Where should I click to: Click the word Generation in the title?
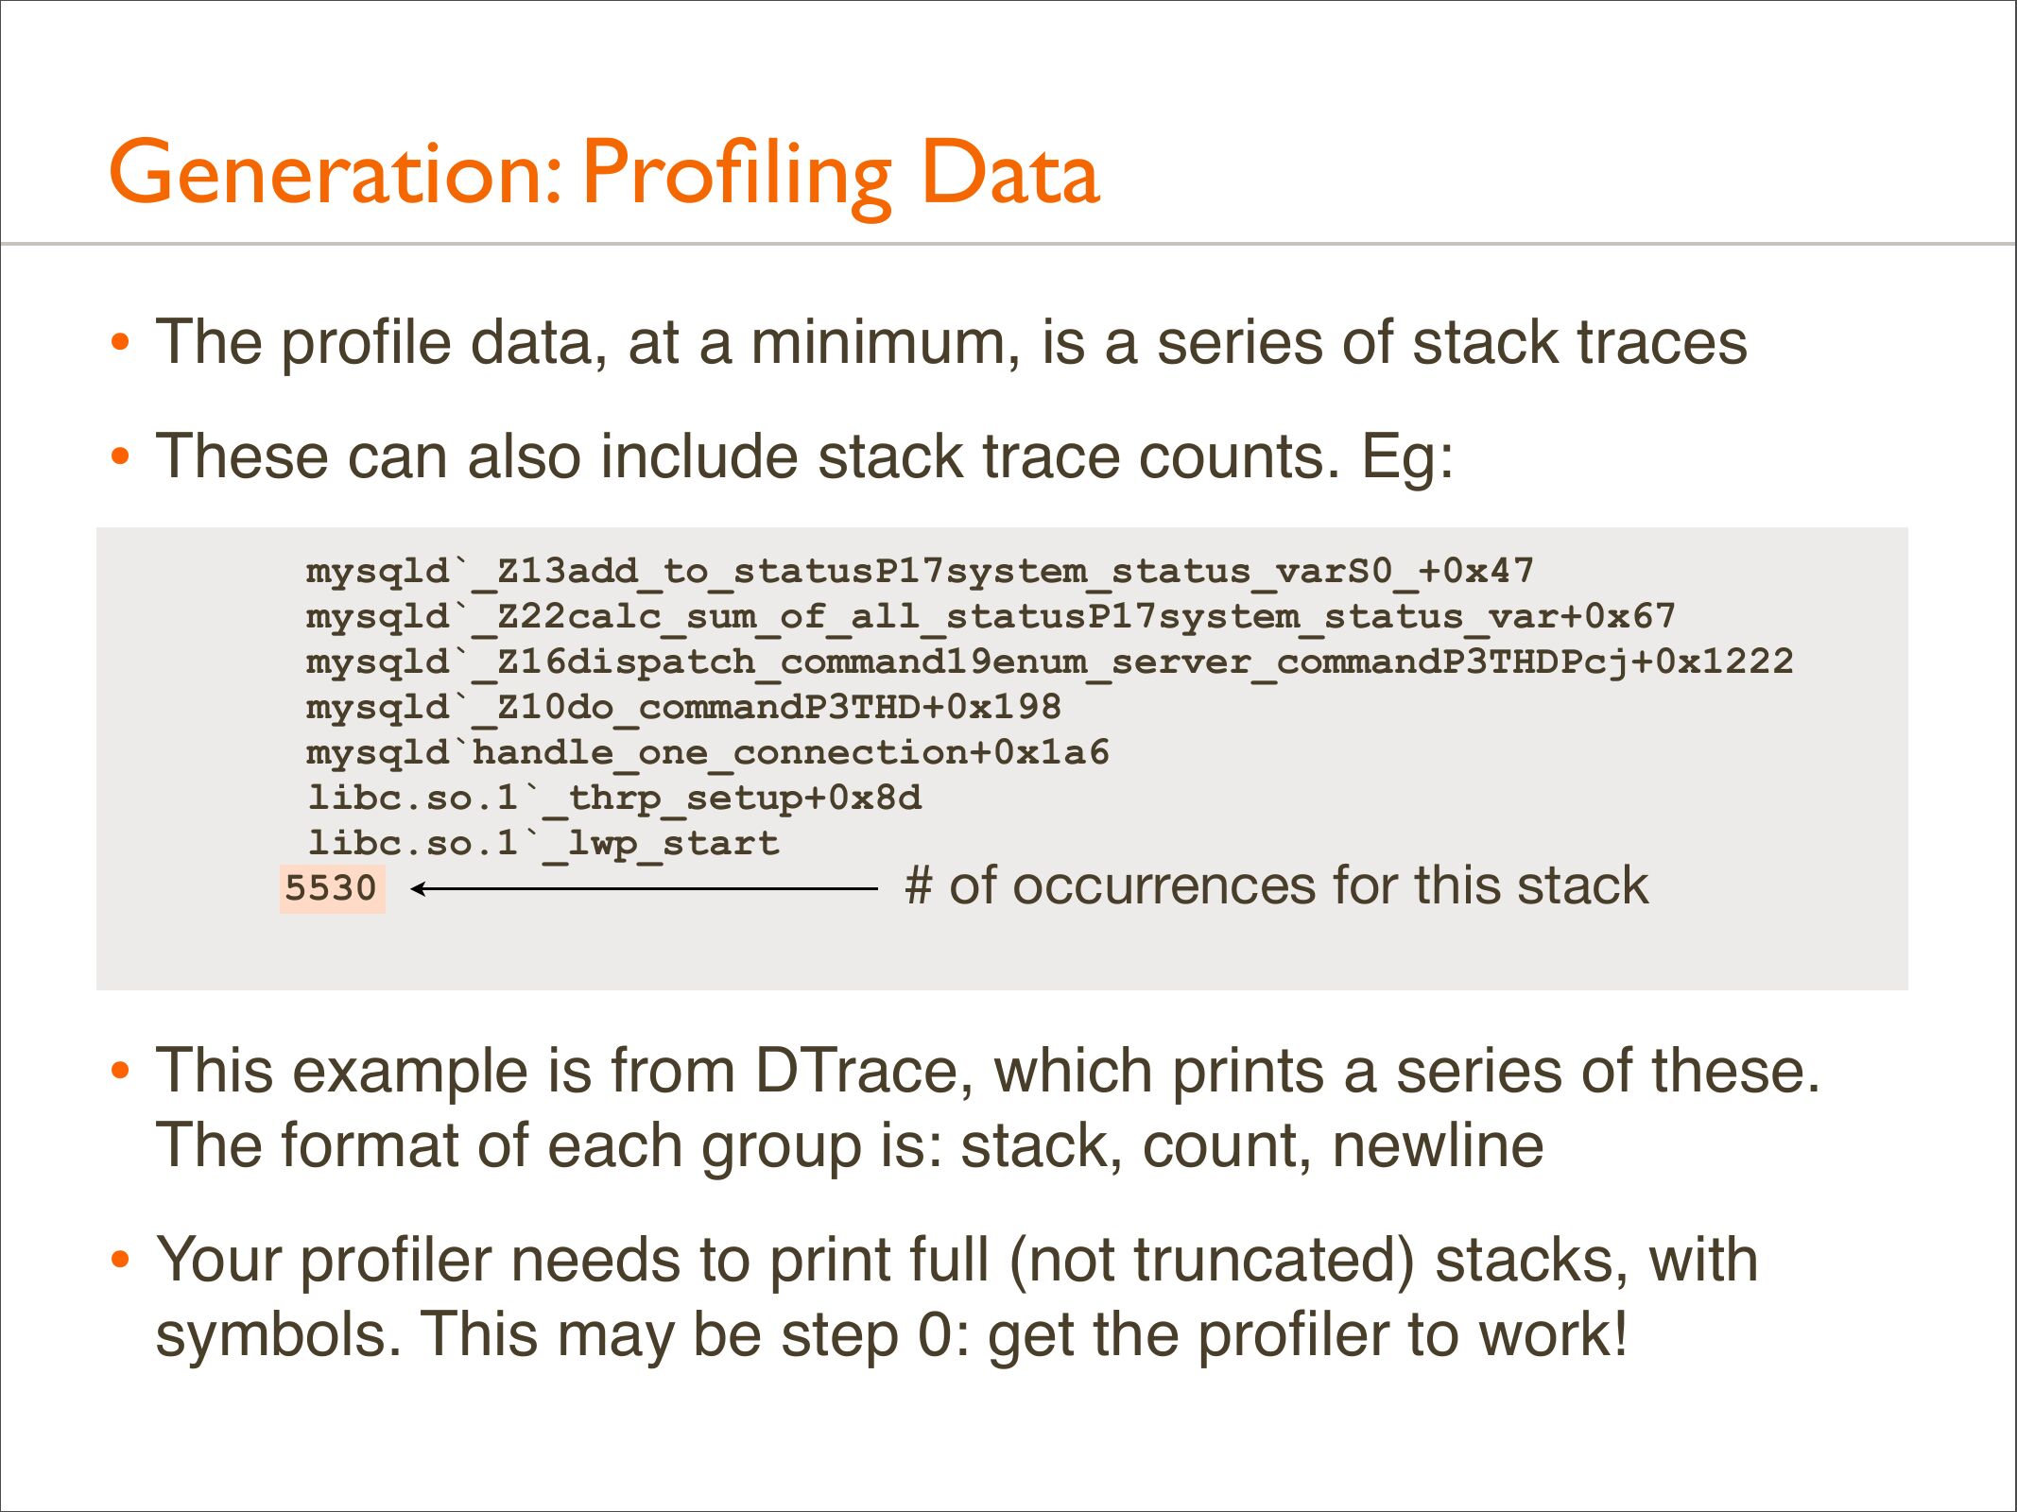(336, 173)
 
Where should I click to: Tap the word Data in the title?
(1010, 173)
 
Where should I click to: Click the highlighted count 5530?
(332, 888)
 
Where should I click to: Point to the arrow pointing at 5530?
(645, 888)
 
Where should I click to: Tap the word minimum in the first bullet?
(886, 342)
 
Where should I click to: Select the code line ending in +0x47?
(920, 572)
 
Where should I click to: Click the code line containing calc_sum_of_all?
(991, 617)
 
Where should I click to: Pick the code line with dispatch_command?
(1049, 662)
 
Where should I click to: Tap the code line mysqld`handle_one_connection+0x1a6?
(708, 753)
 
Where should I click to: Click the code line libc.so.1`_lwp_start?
(543, 843)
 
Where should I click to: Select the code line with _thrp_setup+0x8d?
(614, 799)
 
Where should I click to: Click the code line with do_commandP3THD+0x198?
(683, 708)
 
